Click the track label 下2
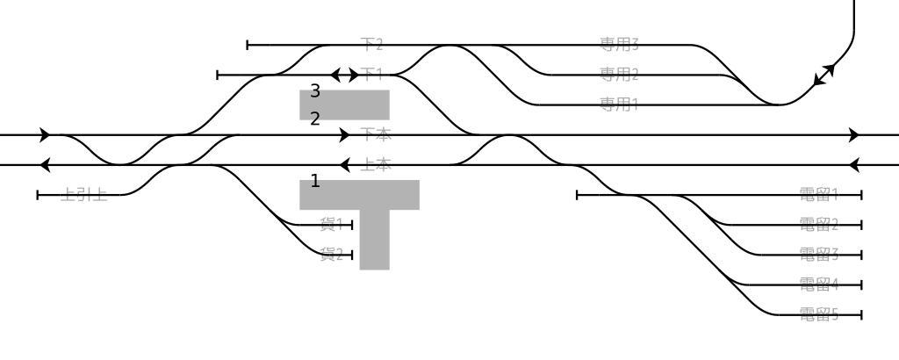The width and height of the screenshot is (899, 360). click(372, 45)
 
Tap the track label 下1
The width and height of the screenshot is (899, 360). click(372, 76)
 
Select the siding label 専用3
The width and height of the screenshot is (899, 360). click(619, 45)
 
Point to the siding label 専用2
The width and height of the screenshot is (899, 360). click(619, 74)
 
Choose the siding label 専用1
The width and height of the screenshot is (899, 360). click(619, 104)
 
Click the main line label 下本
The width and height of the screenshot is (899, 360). click(376, 134)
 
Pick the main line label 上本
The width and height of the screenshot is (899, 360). click(377, 164)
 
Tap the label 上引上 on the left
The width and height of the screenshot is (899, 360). click(84, 195)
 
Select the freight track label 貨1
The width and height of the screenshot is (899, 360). click(331, 225)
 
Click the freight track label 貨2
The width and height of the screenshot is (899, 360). click(331, 255)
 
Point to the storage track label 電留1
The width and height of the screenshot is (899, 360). click(819, 195)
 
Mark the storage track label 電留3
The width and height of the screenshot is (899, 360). click(819, 255)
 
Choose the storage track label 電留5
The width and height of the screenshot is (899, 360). click(819, 314)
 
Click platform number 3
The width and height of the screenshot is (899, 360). click(315, 91)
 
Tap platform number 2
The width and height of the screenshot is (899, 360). click(315, 119)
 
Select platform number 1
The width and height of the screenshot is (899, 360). click(315, 182)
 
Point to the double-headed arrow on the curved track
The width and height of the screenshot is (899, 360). click(824, 75)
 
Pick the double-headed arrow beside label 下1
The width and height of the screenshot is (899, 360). click(344, 76)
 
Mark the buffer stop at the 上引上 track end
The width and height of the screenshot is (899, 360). click(38, 195)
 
